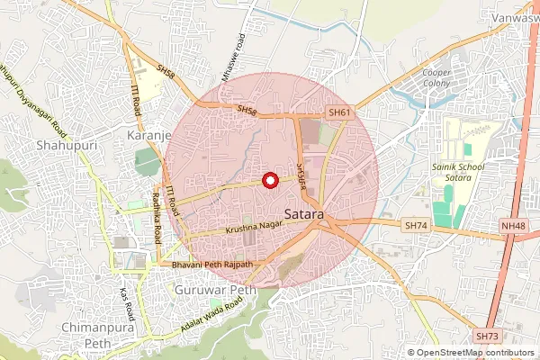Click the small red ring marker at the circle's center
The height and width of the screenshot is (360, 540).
point(268,180)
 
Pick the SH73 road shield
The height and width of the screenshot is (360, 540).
point(487,336)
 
